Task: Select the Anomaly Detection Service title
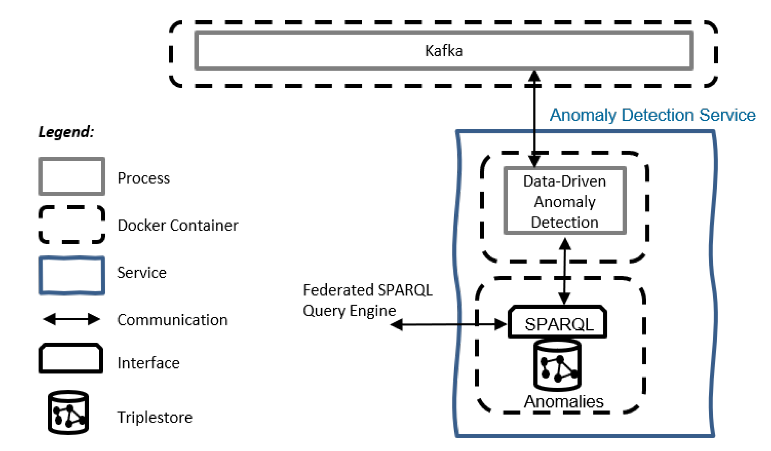click(x=652, y=115)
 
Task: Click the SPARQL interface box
click(x=558, y=324)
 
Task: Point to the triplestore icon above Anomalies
click(x=558, y=365)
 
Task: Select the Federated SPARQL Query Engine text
click(x=367, y=300)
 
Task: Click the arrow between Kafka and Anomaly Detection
click(x=534, y=119)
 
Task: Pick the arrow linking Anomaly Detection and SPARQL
click(x=565, y=271)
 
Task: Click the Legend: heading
click(x=66, y=132)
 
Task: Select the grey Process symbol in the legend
click(x=72, y=177)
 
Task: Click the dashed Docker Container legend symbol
click(x=72, y=225)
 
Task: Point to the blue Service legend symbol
click(x=72, y=275)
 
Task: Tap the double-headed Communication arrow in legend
click(x=72, y=319)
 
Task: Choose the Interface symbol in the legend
click(x=71, y=358)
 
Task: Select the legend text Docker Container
click(x=178, y=225)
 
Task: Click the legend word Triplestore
click(x=155, y=417)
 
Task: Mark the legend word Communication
click(x=172, y=320)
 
